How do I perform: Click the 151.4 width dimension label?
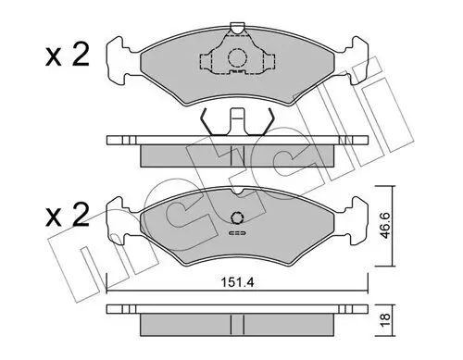[x=237, y=282]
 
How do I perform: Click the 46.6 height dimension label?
[x=384, y=226]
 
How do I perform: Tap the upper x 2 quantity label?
[x=67, y=55]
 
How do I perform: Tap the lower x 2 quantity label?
[x=67, y=215]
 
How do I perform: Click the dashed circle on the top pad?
[x=238, y=57]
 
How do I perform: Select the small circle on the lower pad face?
[x=237, y=217]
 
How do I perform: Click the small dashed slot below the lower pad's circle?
[x=237, y=233]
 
